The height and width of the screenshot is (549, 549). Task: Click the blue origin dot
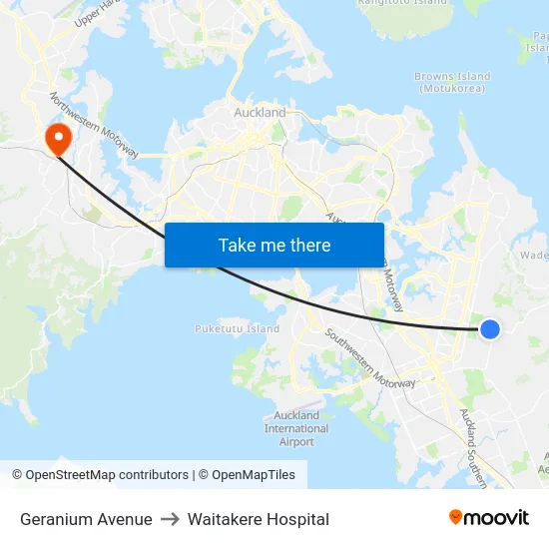click(489, 328)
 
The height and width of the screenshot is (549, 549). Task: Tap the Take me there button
click(274, 245)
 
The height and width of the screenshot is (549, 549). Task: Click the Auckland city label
click(260, 113)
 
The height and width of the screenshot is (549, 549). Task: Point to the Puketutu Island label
click(237, 328)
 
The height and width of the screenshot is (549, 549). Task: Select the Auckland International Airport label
click(296, 428)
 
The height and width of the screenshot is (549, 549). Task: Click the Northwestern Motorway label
click(95, 125)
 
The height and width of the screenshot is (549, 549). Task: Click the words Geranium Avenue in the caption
click(86, 519)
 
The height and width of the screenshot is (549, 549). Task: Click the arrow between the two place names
click(170, 519)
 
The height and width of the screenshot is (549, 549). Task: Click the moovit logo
click(488, 518)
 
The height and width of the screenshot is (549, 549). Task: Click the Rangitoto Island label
click(402, 3)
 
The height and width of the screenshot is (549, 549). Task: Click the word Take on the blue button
click(236, 245)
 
